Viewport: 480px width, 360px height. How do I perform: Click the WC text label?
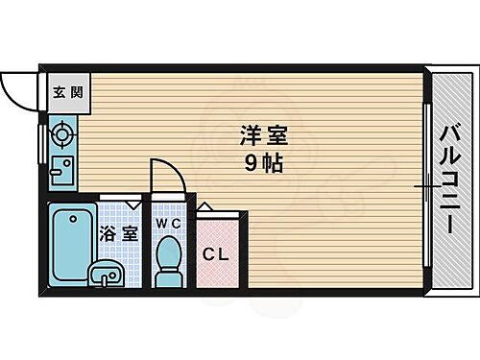(168, 223)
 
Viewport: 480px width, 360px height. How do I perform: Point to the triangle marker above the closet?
(204, 207)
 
